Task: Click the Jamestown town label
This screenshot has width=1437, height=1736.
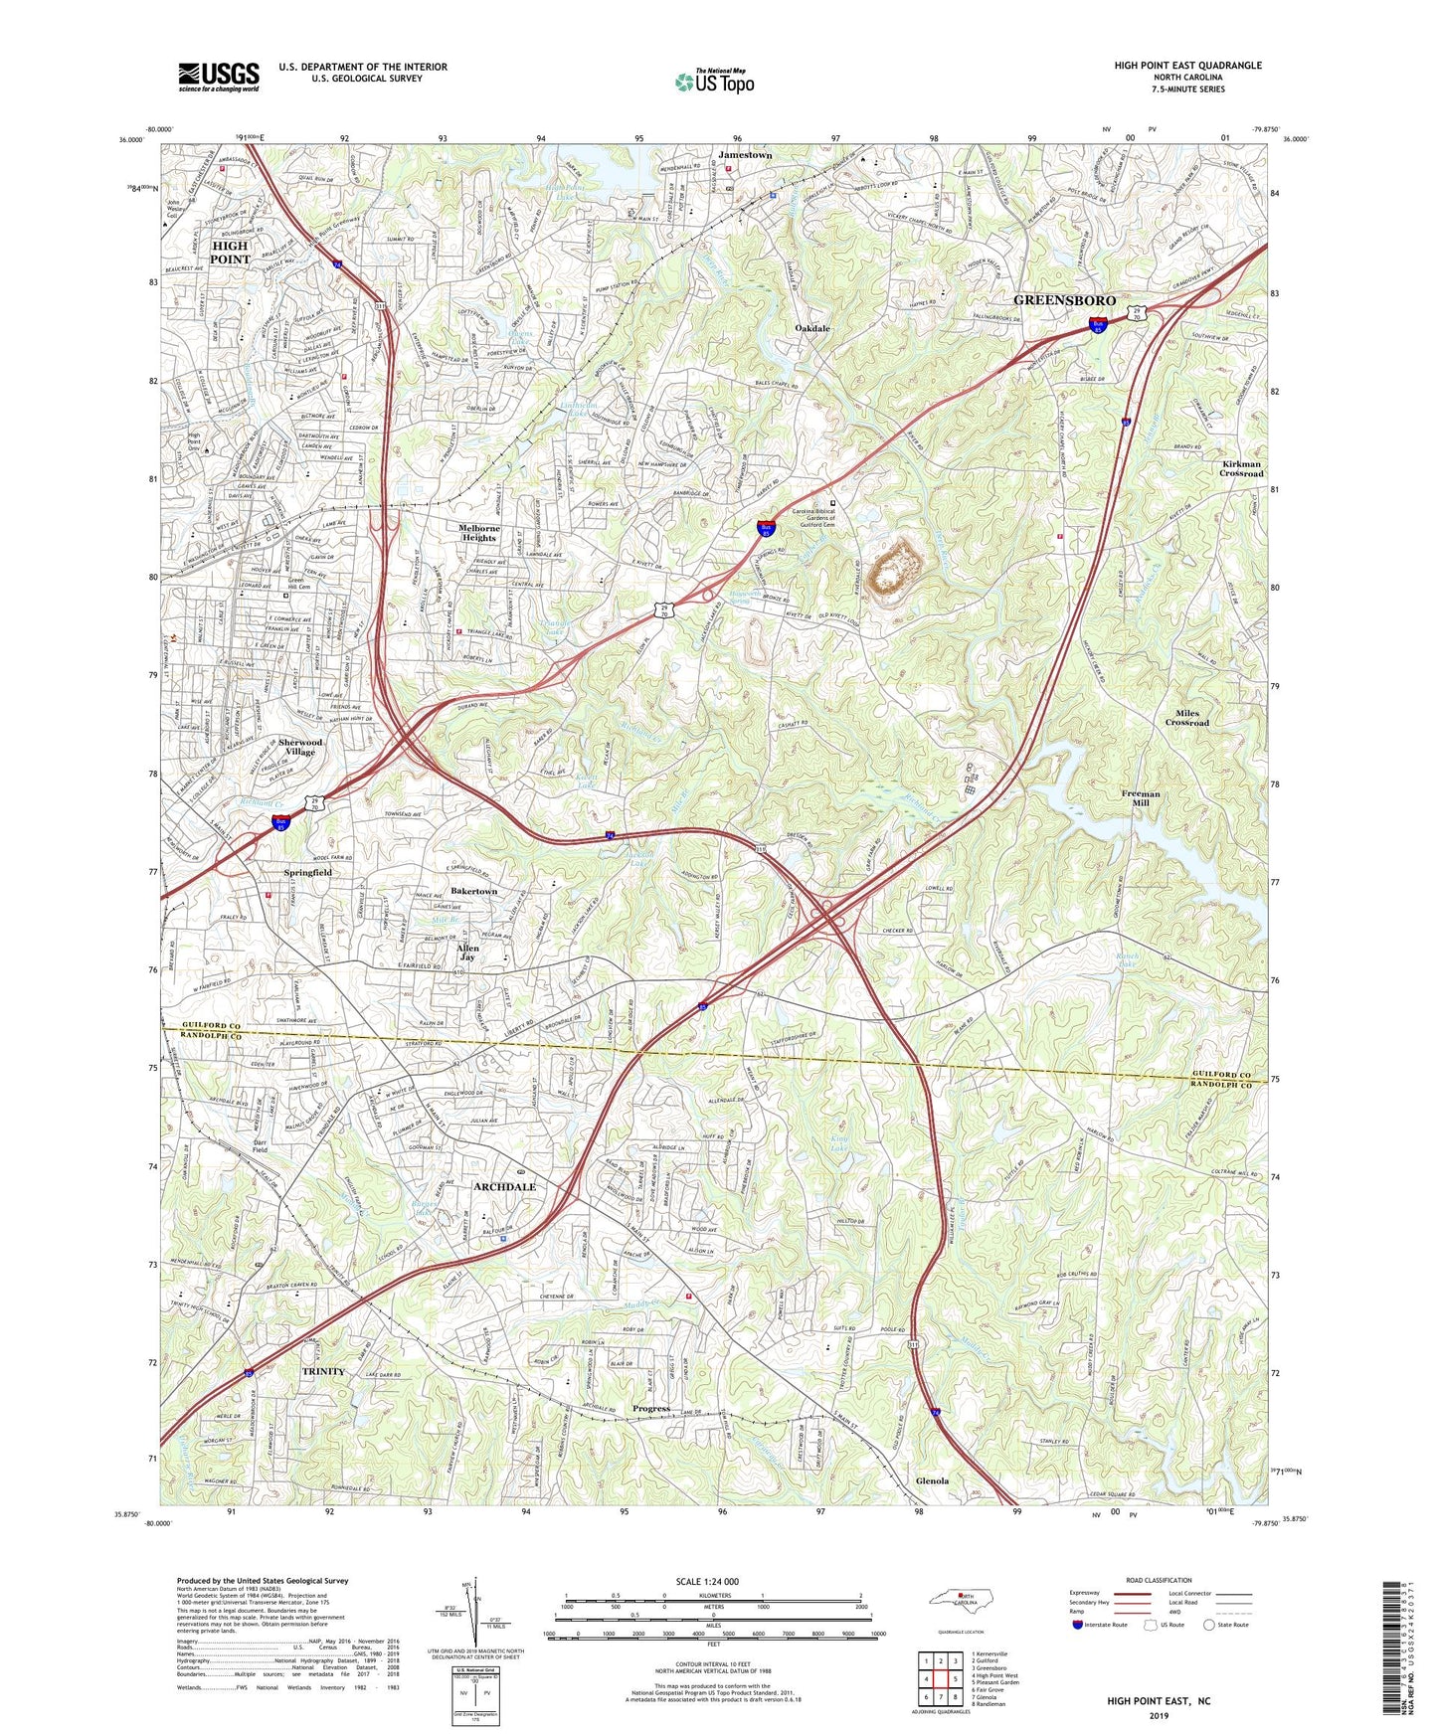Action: point(744,156)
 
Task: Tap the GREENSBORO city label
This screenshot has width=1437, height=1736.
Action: point(1064,300)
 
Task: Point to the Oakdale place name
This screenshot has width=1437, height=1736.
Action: point(812,328)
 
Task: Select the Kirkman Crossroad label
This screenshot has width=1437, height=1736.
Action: point(1241,468)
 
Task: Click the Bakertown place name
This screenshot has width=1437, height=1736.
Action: point(473,891)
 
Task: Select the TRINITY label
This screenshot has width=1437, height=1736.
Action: point(323,1371)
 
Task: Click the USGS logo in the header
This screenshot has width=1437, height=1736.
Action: point(219,76)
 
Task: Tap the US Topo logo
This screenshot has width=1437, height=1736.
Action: point(713,82)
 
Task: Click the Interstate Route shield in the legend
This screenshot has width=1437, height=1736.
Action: point(1079,1625)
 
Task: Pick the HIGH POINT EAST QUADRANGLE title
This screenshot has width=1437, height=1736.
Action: point(1187,66)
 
